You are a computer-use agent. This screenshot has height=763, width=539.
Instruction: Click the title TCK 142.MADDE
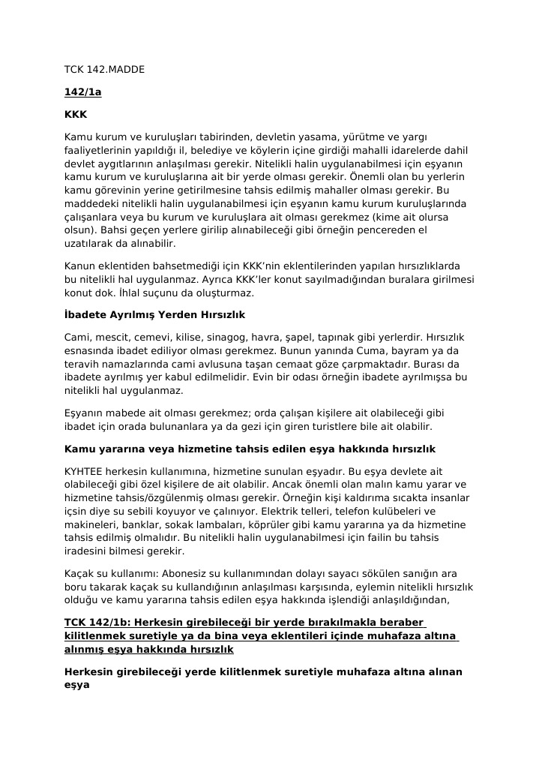[104, 70]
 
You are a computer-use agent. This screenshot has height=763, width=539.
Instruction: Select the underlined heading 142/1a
[82, 92]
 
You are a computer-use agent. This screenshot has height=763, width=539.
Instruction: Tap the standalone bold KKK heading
[76, 115]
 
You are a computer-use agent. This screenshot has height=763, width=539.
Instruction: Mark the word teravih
[83, 365]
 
